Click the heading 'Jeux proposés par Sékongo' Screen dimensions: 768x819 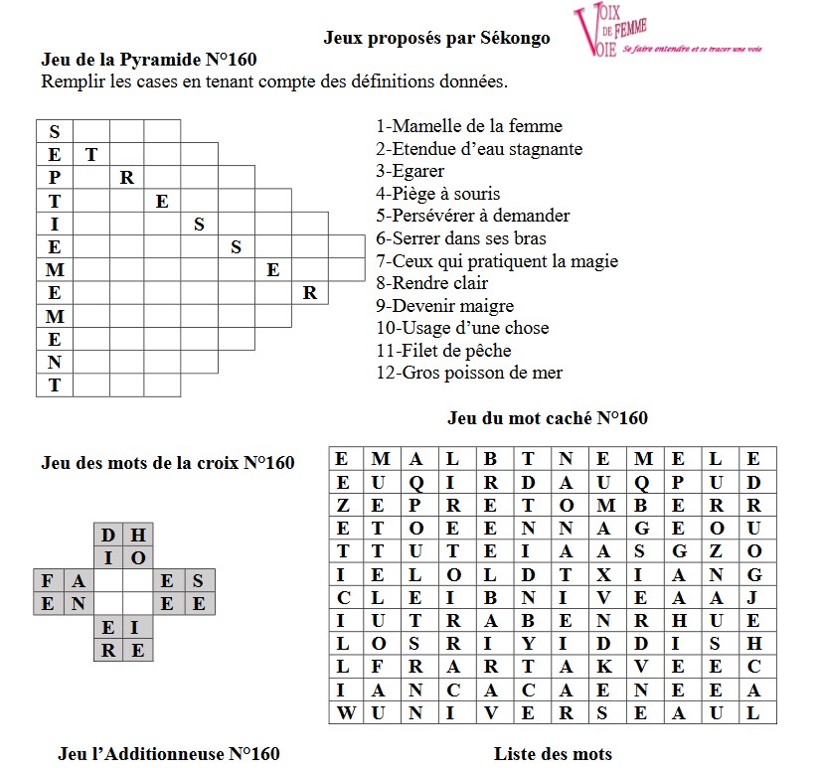(437, 39)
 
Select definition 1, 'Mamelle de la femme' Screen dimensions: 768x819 (469, 126)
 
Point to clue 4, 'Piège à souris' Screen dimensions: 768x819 (438, 194)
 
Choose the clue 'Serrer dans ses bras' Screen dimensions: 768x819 (460, 238)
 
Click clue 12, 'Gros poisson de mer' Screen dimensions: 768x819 (469, 373)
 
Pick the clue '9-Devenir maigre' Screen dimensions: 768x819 (444, 306)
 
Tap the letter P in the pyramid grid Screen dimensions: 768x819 (55, 178)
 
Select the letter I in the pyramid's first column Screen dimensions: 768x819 (55, 224)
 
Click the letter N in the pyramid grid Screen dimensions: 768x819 (55, 362)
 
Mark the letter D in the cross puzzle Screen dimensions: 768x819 (108, 535)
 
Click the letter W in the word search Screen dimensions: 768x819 (343, 712)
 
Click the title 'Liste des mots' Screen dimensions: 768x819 (553, 754)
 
